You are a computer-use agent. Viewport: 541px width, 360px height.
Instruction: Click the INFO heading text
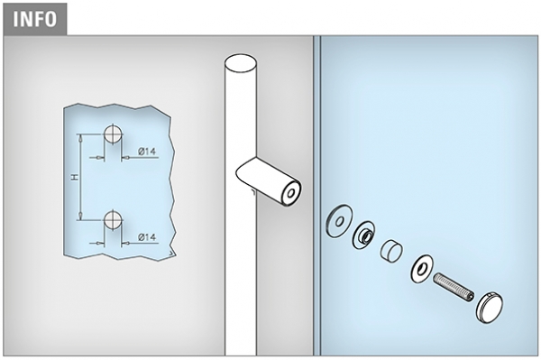34,19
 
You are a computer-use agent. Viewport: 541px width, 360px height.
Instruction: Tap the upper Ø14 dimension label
147,152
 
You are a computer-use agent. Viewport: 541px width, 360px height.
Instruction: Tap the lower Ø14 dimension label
147,237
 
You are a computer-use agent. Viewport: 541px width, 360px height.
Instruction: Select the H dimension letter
75,177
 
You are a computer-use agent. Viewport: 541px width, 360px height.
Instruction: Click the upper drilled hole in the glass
113,134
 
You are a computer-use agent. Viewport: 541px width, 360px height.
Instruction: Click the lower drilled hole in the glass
113,220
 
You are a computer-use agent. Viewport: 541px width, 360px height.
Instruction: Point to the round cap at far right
490,308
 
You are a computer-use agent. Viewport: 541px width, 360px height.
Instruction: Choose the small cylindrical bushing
391,250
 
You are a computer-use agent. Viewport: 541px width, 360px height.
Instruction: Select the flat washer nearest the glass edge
339,221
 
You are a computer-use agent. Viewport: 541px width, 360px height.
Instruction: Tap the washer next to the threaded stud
422,269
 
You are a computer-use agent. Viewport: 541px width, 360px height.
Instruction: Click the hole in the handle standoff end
290,192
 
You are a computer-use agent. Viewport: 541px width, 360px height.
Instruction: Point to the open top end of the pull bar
241,63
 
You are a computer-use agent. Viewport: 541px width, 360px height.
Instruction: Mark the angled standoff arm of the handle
269,181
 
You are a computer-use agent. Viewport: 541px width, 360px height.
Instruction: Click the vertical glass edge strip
317,196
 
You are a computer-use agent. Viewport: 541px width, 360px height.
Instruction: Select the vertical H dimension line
80,177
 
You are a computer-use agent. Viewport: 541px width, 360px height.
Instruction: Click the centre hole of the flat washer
340,222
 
